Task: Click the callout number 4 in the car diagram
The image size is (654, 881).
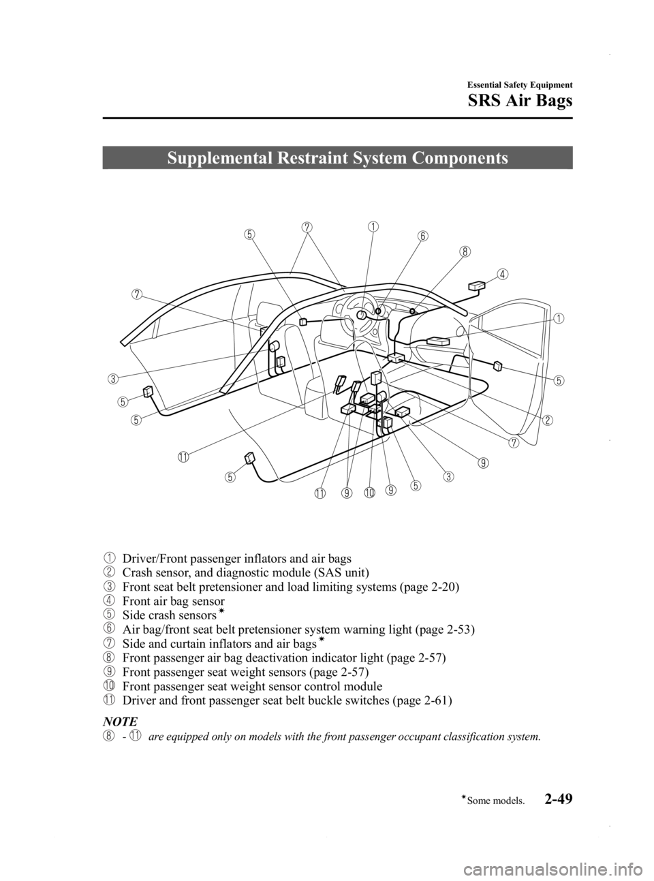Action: (x=501, y=275)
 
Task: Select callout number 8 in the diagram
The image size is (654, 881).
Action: (x=464, y=251)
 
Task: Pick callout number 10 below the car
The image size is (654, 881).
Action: (x=370, y=492)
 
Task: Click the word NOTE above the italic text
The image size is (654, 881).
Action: (x=118, y=720)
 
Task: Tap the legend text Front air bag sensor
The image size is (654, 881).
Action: (x=173, y=602)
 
